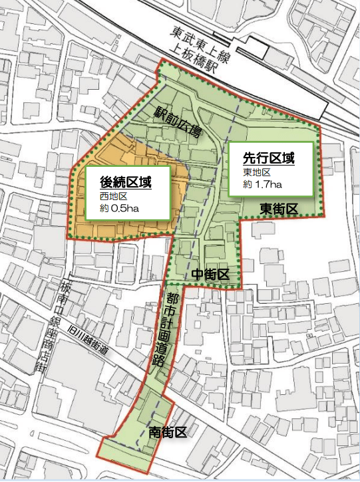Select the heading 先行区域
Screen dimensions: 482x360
(268, 160)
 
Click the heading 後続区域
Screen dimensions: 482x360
(126, 181)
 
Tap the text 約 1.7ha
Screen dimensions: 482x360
(260, 183)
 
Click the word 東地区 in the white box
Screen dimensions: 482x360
(254, 173)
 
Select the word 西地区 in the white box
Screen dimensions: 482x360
(113, 196)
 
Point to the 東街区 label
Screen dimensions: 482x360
(279, 209)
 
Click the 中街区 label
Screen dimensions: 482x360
(210, 275)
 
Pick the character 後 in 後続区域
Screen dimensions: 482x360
(106, 181)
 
